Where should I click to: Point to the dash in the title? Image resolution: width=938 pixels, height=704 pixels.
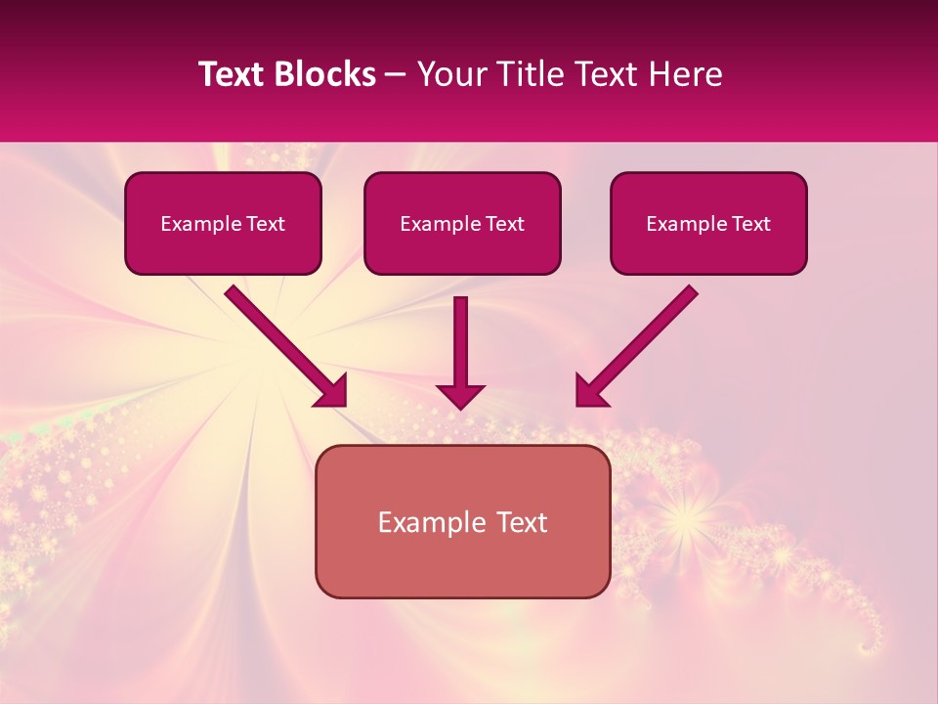396,74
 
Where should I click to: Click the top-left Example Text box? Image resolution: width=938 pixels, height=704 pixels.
223,223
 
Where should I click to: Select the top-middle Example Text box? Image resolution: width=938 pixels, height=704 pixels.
462,223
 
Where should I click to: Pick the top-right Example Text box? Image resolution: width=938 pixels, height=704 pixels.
708,223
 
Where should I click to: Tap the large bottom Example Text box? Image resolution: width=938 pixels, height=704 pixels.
462,521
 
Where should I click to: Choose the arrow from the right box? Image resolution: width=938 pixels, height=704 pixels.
640,342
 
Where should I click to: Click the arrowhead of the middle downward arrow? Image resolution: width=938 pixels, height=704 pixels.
461,396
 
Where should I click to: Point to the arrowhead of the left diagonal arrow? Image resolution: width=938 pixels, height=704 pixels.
332,391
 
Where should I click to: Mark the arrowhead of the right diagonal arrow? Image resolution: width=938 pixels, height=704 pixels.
590,391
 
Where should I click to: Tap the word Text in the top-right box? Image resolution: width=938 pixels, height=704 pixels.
751,224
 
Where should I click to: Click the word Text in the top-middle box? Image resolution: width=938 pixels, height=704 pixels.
505,224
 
